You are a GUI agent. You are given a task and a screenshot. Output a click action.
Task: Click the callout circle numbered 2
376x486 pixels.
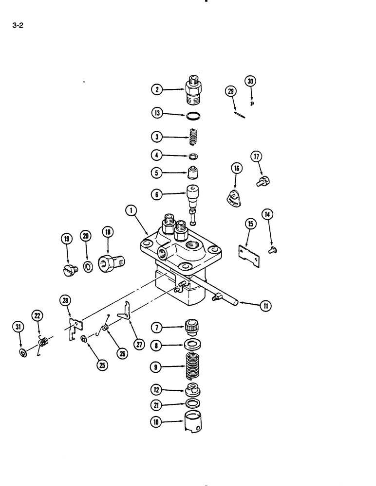click(x=157, y=90)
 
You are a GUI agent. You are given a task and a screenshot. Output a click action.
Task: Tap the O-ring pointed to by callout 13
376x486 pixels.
click(x=194, y=116)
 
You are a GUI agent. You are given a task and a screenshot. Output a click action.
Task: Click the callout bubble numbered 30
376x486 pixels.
click(x=250, y=81)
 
